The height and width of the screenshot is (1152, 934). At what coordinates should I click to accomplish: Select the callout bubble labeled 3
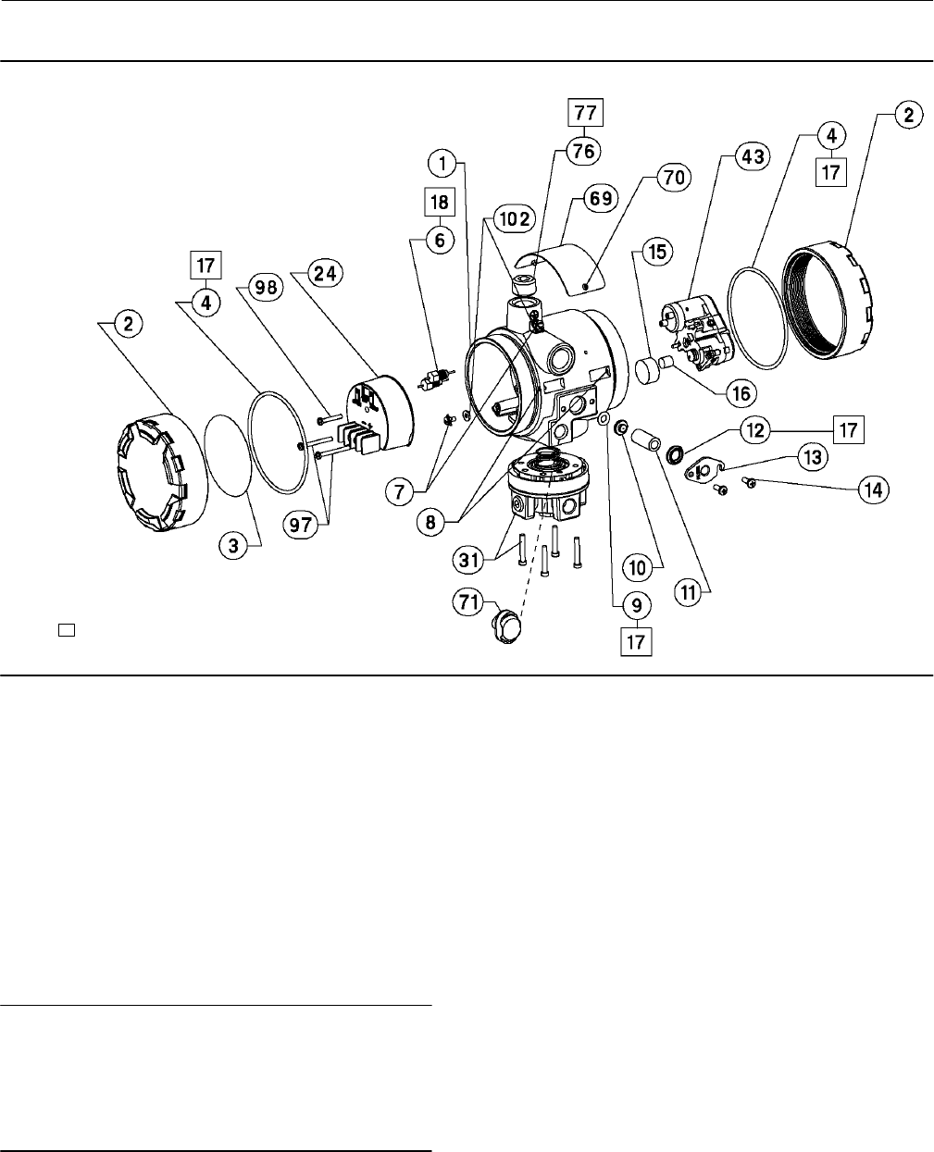point(234,546)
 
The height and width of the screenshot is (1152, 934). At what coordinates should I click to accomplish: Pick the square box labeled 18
point(439,201)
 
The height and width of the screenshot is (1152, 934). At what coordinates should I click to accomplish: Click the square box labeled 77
point(583,115)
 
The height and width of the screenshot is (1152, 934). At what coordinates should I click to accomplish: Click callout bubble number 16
point(741,392)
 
